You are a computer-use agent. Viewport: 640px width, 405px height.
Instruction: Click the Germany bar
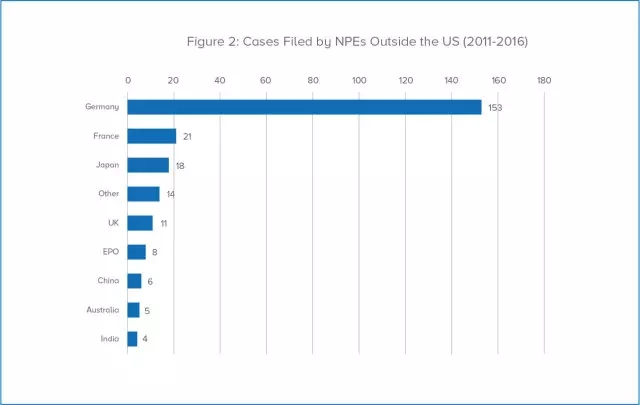click(304, 107)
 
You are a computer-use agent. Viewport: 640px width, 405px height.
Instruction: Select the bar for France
click(152, 136)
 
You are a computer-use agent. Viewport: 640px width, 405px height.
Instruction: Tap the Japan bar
click(148, 165)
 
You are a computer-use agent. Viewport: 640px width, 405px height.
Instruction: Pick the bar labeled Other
click(143, 194)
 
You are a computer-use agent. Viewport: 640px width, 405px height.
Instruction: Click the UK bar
click(140, 223)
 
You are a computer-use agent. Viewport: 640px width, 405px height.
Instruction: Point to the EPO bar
click(137, 252)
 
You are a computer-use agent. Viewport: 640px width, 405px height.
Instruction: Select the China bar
click(134, 281)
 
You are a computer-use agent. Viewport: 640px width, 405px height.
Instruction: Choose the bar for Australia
click(133, 310)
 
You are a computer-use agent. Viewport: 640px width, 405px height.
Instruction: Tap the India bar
click(132, 339)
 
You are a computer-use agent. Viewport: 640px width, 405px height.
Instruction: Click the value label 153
click(494, 107)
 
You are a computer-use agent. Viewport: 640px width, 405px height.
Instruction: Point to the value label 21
click(187, 136)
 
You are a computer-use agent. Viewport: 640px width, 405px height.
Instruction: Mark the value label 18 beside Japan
click(180, 165)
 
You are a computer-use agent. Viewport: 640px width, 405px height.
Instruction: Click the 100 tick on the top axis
click(359, 80)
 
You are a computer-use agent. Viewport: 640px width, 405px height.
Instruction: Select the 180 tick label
click(544, 80)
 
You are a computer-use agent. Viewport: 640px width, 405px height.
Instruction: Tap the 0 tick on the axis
click(128, 80)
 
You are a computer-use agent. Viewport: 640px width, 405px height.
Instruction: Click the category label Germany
click(102, 107)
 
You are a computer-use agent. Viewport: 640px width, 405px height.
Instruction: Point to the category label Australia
click(101, 310)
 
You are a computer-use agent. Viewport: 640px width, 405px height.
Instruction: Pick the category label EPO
click(110, 252)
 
